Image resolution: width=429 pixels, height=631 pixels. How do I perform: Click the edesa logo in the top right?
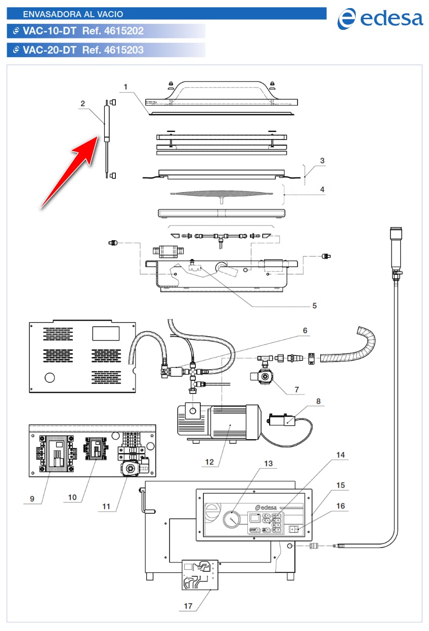(x=380, y=19)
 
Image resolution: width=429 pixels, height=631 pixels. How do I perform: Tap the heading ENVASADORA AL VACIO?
(x=73, y=14)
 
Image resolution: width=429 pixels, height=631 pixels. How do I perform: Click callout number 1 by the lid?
(x=125, y=87)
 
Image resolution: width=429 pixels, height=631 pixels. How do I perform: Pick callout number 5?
(x=314, y=305)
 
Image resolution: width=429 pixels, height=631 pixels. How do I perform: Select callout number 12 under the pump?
(x=209, y=461)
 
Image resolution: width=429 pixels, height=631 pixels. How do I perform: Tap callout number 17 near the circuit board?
(x=188, y=606)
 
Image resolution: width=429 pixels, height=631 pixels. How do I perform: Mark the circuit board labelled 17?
(x=200, y=575)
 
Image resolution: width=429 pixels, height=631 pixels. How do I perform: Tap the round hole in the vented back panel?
(x=50, y=377)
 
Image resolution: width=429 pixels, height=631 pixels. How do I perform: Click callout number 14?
(x=340, y=455)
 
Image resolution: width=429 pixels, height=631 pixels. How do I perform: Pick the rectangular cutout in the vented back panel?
(x=105, y=334)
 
